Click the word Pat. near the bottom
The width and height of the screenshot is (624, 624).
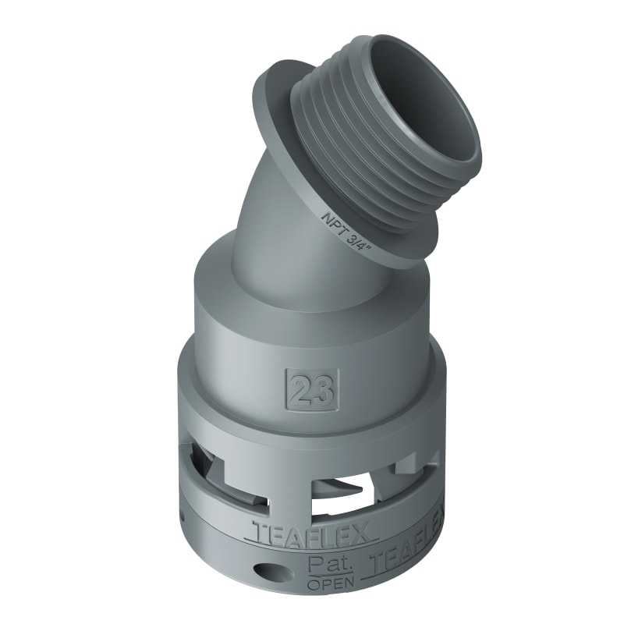324,563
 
